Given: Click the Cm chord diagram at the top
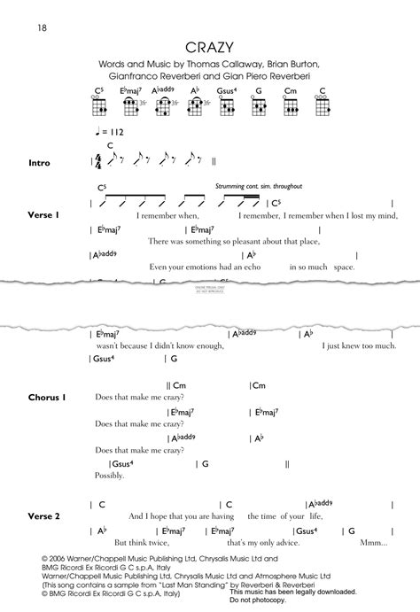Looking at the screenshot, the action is coord(289,105).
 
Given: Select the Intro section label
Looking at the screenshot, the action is coord(40,163).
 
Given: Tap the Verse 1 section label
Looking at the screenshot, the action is coord(43,216).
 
